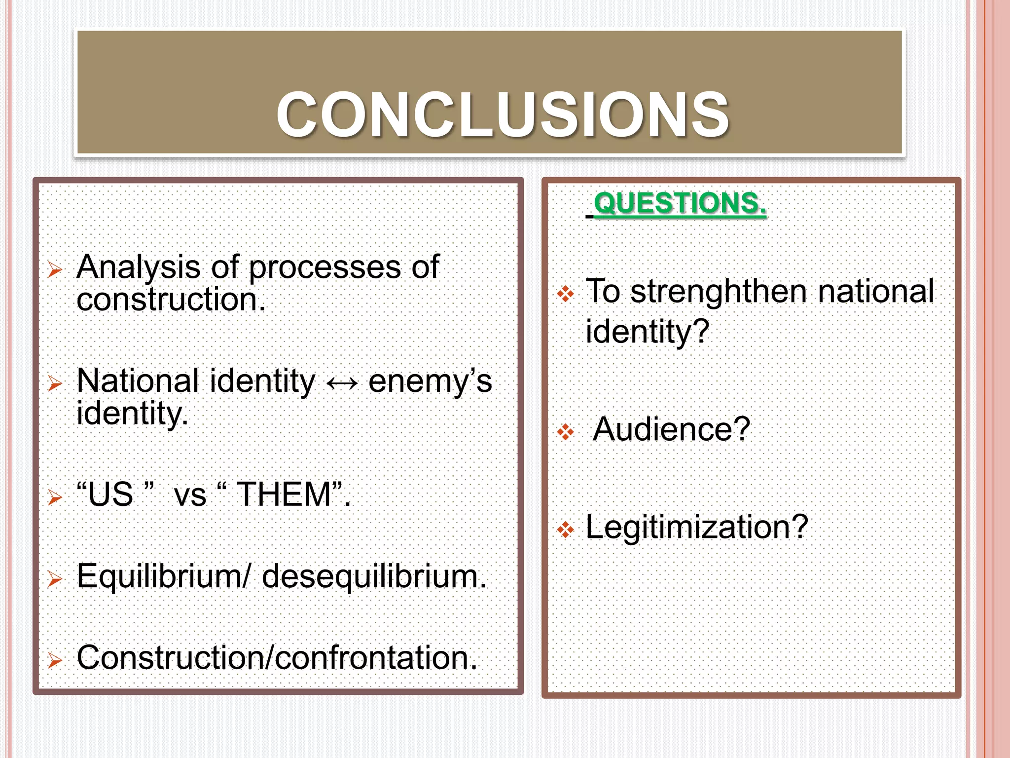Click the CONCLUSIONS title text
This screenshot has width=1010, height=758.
click(x=502, y=114)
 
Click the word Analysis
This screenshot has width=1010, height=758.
click(x=138, y=267)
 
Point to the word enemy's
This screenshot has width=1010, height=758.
click(x=430, y=381)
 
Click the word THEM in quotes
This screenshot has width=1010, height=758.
click(x=284, y=494)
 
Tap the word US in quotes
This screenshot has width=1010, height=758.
click(x=111, y=494)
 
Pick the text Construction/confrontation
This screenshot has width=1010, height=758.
click(x=277, y=658)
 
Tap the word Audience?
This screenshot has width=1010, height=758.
click(x=671, y=429)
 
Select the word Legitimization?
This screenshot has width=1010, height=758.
click(x=696, y=527)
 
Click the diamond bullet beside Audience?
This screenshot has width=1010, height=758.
click(x=565, y=433)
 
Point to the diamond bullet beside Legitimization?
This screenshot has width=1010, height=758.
click(x=565, y=531)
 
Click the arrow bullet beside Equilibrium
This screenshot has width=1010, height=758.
click(x=55, y=578)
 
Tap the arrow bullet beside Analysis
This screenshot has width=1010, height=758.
click(x=55, y=270)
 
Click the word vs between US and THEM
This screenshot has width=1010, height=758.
click(x=190, y=495)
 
